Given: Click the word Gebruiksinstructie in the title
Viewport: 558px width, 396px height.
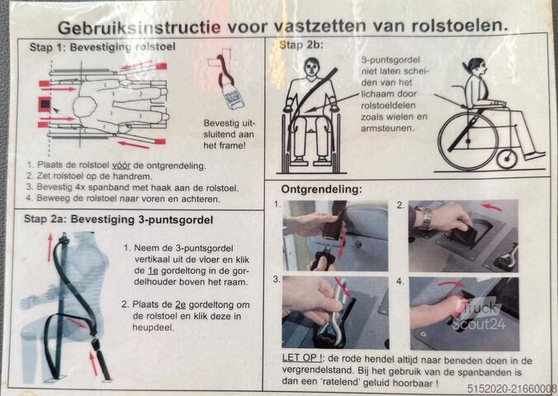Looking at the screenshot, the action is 139,27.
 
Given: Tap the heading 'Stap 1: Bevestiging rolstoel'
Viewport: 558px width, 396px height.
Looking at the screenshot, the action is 102,47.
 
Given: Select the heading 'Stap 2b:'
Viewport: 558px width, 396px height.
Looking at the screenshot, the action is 301,45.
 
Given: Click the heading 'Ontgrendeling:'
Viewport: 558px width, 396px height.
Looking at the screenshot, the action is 321,189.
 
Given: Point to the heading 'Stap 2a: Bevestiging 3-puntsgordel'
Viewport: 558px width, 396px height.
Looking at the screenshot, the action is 119,219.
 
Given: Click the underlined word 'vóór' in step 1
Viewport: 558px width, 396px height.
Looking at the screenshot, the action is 121,166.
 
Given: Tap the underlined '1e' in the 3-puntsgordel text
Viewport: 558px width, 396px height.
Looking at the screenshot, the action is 153,271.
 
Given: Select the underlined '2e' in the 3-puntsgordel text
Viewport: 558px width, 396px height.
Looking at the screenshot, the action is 181,305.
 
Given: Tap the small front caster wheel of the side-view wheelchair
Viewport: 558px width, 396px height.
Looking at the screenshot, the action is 507,159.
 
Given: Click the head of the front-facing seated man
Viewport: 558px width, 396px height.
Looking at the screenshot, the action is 312,68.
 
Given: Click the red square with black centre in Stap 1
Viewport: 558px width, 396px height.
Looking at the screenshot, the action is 45,104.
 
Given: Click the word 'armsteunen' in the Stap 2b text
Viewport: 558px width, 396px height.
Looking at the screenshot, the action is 387,129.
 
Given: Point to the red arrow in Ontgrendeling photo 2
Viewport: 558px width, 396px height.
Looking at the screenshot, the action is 492,207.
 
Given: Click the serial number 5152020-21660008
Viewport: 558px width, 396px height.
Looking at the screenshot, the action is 512,389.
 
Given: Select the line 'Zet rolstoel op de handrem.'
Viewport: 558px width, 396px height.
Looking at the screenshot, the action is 90,176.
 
